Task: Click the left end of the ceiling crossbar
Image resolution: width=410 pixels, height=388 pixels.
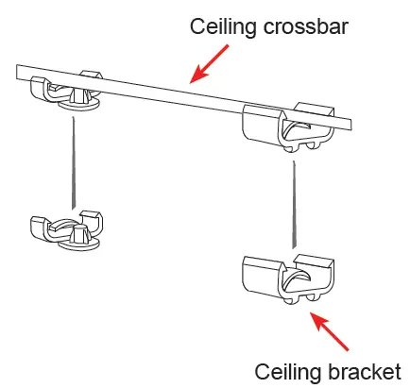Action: tap(18, 70)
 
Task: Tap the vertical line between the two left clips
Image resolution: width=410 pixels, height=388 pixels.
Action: tap(71, 160)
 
